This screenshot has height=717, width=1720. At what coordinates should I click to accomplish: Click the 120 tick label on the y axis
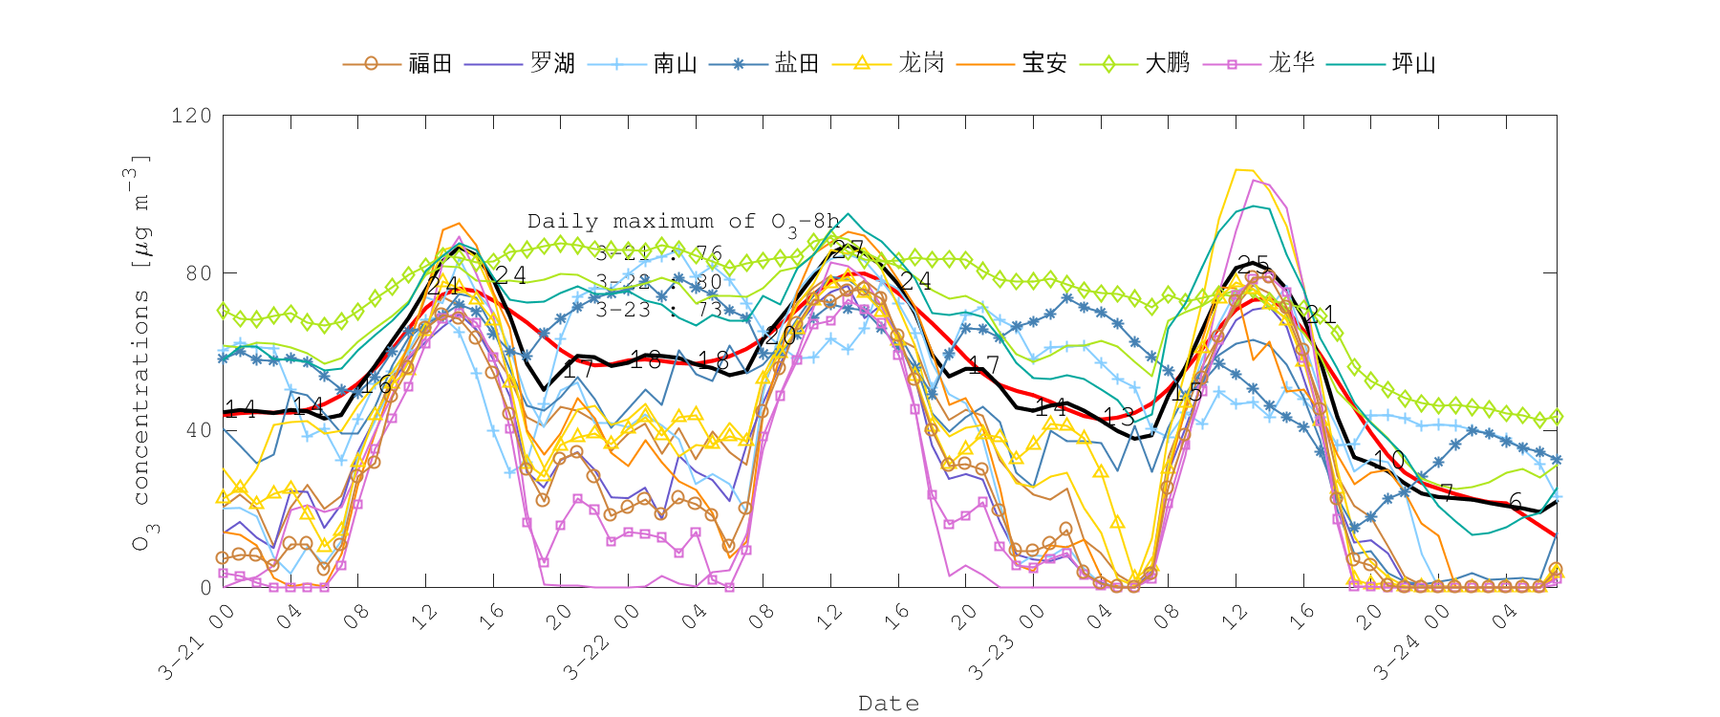191,116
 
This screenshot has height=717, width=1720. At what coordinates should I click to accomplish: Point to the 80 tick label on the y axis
198,272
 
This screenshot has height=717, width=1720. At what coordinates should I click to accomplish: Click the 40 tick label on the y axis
198,430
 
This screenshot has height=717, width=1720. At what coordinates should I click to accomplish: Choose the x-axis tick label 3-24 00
1410,643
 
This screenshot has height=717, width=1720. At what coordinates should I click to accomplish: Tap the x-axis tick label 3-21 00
195,643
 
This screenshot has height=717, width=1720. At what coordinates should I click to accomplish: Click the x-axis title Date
889,704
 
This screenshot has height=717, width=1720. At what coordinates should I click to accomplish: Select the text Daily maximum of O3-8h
683,222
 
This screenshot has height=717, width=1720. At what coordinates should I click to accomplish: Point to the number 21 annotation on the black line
1320,315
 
